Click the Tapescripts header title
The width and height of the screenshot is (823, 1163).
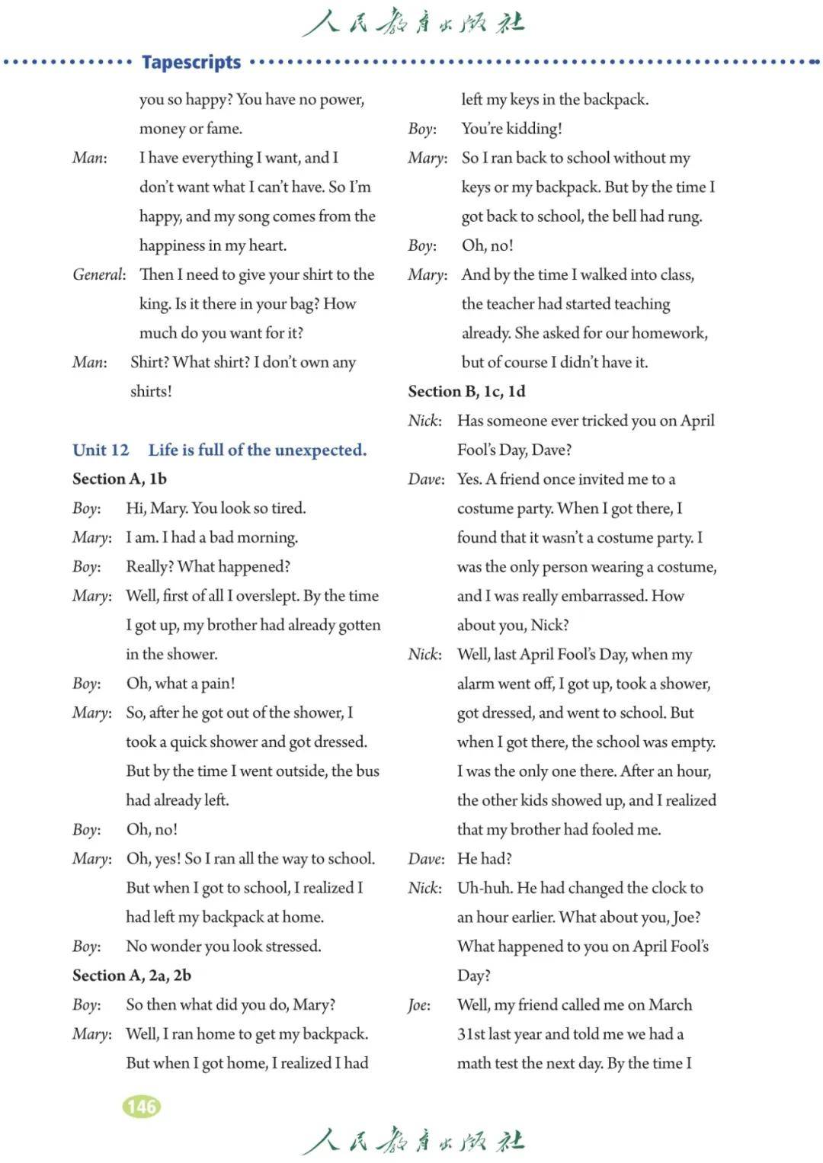click(191, 62)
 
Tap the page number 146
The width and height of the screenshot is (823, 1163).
click(142, 1106)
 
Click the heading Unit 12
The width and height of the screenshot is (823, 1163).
click(101, 450)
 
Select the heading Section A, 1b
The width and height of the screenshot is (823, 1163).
click(119, 479)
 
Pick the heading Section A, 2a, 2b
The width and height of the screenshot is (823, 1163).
click(131, 975)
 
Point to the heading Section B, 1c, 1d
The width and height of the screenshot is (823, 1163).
click(466, 391)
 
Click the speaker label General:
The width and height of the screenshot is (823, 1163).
click(99, 274)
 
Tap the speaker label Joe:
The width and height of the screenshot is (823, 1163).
click(419, 1004)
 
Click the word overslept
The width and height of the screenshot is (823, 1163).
click(267, 596)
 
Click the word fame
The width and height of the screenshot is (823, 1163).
click(225, 129)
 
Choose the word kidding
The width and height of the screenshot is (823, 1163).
click(533, 129)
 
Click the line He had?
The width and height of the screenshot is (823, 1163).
click(484, 859)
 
